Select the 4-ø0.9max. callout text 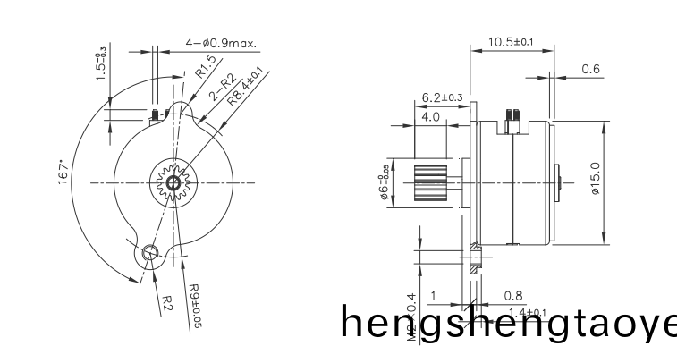[x=222, y=43]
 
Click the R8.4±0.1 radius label [x=245, y=87]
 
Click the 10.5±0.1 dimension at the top [x=511, y=41]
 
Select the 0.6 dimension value [x=590, y=69]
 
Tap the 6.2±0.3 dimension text [x=442, y=97]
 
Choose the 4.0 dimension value [x=430, y=116]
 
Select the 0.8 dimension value [x=513, y=295]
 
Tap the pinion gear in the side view [x=433, y=183]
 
